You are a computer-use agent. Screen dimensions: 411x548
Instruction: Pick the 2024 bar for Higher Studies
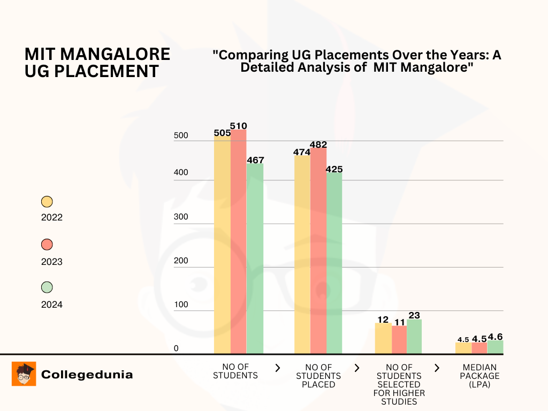tap(414, 337)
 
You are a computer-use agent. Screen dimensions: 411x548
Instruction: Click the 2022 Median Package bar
tap(463, 348)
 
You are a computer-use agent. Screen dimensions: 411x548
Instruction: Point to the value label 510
tap(239, 126)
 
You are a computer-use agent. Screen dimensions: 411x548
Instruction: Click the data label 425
tap(334, 169)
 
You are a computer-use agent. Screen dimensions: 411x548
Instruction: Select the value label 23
tap(414, 315)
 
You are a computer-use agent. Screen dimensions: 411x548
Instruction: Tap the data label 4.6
tap(495, 337)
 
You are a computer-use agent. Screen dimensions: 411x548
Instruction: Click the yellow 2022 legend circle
tap(47, 202)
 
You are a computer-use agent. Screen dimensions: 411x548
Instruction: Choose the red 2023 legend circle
tap(47, 245)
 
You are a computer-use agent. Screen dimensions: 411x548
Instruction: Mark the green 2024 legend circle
tap(47, 287)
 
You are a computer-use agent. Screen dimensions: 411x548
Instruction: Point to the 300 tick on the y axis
tap(181, 217)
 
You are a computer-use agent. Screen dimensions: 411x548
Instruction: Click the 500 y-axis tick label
tap(181, 136)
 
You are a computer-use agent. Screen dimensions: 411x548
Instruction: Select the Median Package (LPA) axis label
tap(480, 376)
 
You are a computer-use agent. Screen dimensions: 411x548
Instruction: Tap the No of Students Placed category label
tap(318, 376)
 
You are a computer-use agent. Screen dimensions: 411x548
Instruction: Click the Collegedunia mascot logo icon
tap(24, 374)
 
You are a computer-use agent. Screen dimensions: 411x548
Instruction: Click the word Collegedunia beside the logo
tap(87, 375)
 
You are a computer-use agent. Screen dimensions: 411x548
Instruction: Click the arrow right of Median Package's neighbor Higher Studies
tap(437, 368)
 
